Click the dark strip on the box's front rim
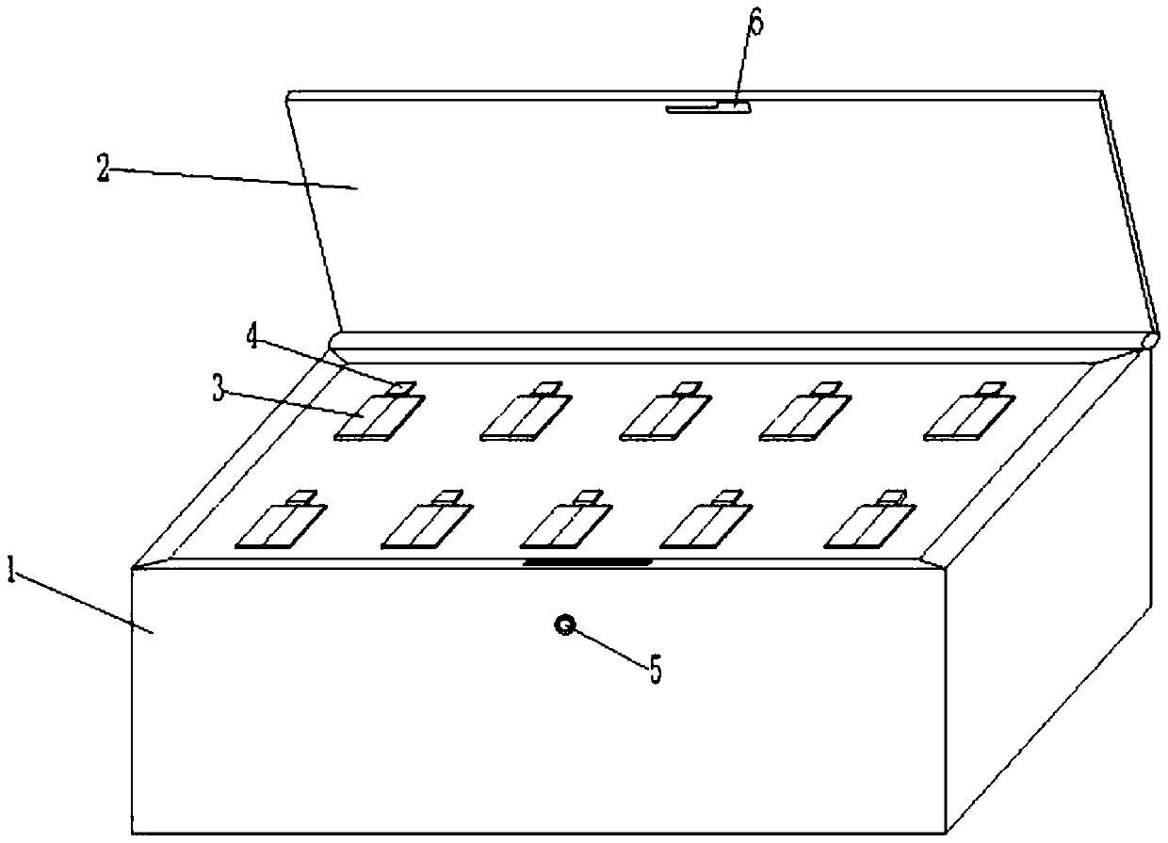[x=587, y=562]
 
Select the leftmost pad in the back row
[x=379, y=417]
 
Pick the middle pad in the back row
[x=665, y=417]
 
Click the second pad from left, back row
[x=525, y=417]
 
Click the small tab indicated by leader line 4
[x=402, y=387]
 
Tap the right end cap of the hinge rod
[x=1150, y=339]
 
